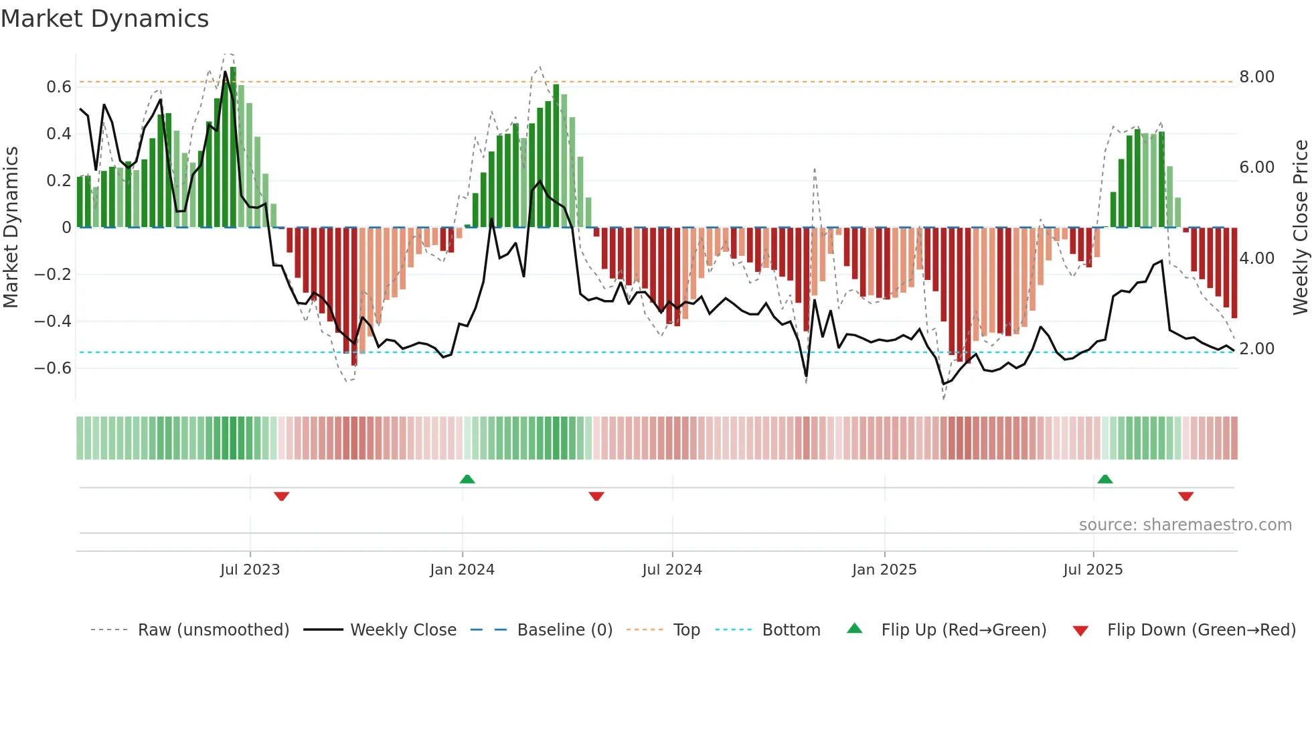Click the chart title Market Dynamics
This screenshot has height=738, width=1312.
pyautogui.click(x=104, y=19)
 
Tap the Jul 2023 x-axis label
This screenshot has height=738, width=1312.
pyautogui.click(x=250, y=570)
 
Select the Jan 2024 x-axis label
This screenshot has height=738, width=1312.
pyautogui.click(x=462, y=570)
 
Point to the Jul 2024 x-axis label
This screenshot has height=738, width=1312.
pyautogui.click(x=672, y=570)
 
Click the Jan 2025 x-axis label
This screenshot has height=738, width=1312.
pyautogui.click(x=884, y=570)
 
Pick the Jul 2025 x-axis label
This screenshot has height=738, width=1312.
pyautogui.click(x=1093, y=570)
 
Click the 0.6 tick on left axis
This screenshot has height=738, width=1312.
pyautogui.click(x=59, y=87)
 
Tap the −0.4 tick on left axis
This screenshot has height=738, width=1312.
pyautogui.click(x=53, y=321)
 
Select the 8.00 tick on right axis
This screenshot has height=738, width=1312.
pyautogui.click(x=1256, y=77)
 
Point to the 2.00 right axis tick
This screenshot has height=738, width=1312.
pyautogui.click(x=1256, y=349)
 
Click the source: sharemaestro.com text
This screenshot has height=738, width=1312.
pyautogui.click(x=1185, y=525)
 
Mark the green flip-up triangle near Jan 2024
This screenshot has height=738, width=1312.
pyautogui.click(x=467, y=479)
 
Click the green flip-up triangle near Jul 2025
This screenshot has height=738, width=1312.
pyautogui.click(x=1105, y=479)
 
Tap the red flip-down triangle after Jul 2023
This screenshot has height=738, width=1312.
pyautogui.click(x=281, y=496)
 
